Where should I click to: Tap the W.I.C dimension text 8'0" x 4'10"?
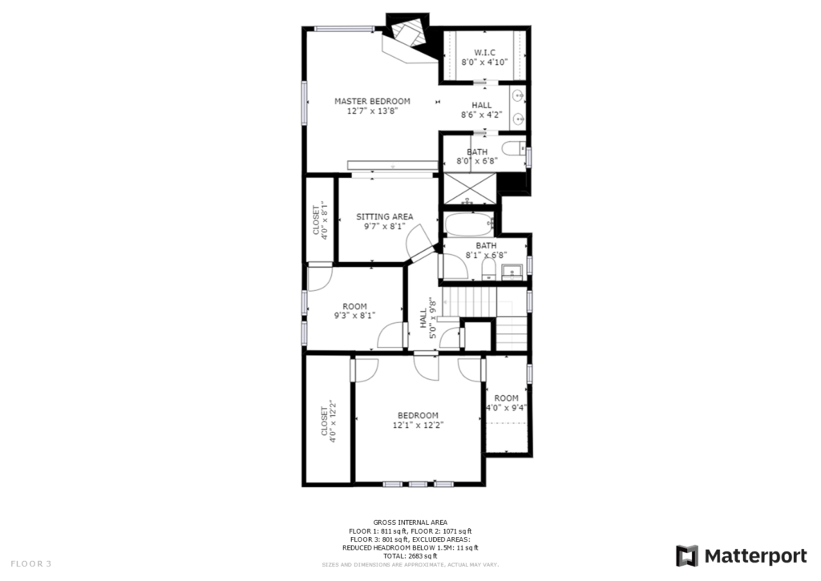[x=484, y=63]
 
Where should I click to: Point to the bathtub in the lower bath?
[x=469, y=225]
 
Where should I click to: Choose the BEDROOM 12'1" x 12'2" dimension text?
[x=419, y=426]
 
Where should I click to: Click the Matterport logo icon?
[x=687, y=556]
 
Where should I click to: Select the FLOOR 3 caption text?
[x=31, y=564]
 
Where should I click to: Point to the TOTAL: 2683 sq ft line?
[x=410, y=556]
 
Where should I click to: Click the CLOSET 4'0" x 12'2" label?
[x=328, y=422]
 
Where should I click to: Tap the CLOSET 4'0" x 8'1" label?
[x=321, y=220]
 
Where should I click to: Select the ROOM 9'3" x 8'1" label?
[x=355, y=311]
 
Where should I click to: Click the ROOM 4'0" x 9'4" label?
[x=507, y=403]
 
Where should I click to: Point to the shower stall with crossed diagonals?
[x=470, y=188]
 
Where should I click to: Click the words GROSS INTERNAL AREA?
[x=410, y=522]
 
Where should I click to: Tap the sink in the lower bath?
[x=511, y=272]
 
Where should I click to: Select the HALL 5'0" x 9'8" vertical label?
[x=428, y=318]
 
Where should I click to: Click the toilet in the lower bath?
[x=488, y=270]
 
